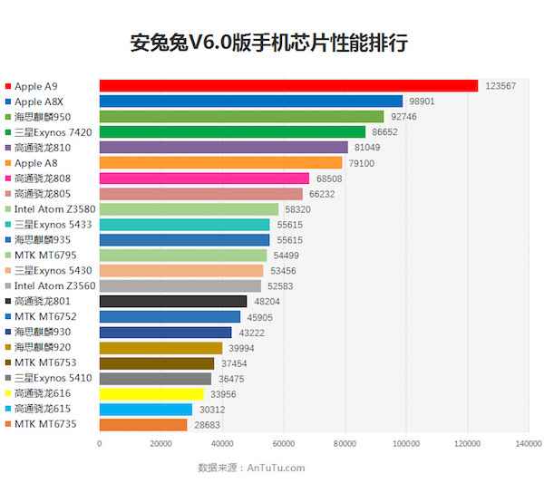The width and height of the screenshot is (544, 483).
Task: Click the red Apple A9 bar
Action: pos(288,85)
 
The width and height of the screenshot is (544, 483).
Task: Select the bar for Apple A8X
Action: pos(250,101)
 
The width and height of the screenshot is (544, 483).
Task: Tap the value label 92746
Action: pos(432,116)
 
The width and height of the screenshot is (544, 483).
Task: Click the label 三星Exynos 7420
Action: pos(53,132)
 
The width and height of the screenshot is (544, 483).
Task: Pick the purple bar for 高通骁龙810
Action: pos(223,147)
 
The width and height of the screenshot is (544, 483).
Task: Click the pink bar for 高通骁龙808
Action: pos(204,179)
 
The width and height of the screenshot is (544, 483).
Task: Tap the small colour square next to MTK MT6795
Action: pos(8,256)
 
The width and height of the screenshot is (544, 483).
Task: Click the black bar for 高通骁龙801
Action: pos(172,302)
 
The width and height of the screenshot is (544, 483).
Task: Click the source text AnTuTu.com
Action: pos(277,468)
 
